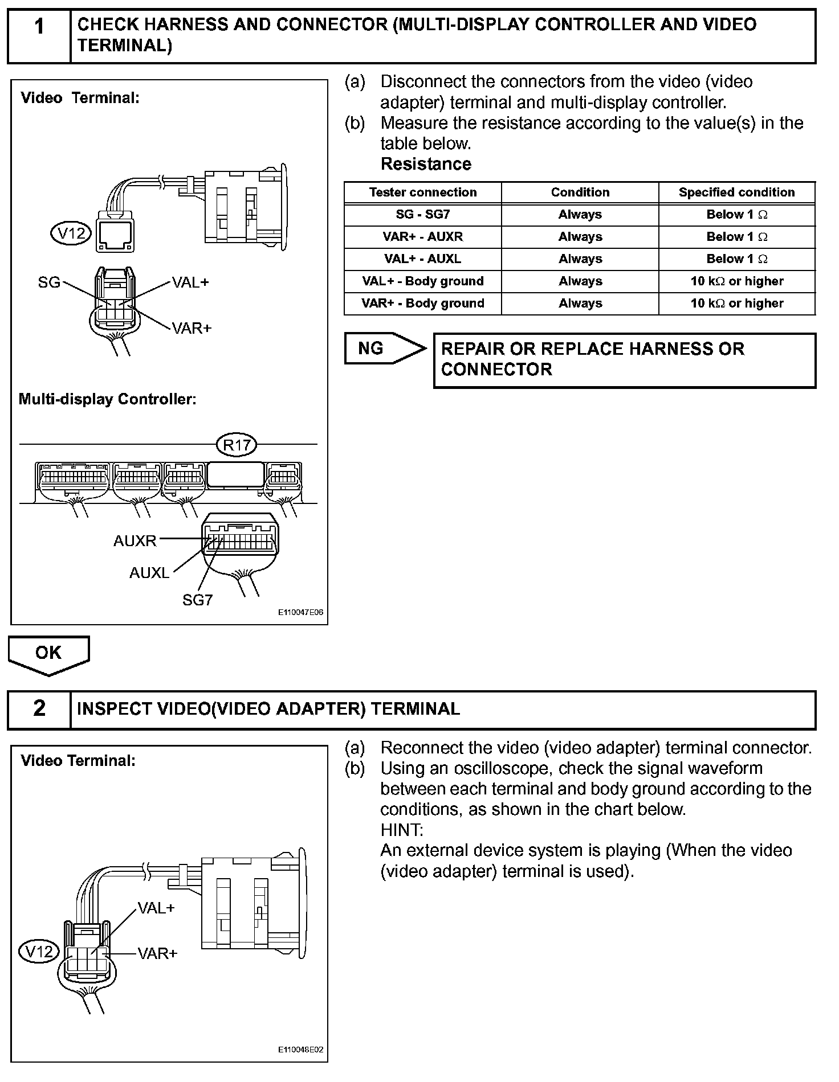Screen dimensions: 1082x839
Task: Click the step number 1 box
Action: tap(39, 35)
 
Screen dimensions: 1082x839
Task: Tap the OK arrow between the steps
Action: tap(48, 654)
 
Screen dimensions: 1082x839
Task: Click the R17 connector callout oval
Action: tap(237, 444)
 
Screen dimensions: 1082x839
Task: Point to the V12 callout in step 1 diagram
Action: tap(71, 232)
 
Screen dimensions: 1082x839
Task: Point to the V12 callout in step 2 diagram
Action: tap(39, 951)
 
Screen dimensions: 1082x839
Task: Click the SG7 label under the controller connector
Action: tap(197, 600)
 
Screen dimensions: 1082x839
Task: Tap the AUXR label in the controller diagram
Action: tap(135, 540)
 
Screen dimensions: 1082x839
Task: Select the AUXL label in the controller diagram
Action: tap(149, 572)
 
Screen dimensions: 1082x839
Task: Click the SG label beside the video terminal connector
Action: tap(49, 282)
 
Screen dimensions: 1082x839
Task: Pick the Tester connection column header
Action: tap(422, 192)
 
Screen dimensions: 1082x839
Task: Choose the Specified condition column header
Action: tap(736, 192)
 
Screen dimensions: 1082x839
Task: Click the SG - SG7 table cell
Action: tap(422, 215)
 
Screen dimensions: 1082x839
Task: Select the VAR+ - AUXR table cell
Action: tap(422, 237)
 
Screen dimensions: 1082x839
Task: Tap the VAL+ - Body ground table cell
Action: tap(422, 281)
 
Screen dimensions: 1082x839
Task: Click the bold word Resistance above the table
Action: tap(426, 164)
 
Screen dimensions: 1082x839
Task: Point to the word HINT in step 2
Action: tap(401, 830)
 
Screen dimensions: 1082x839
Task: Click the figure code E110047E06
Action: tap(300, 613)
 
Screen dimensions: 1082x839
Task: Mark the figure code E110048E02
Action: tap(300, 1050)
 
